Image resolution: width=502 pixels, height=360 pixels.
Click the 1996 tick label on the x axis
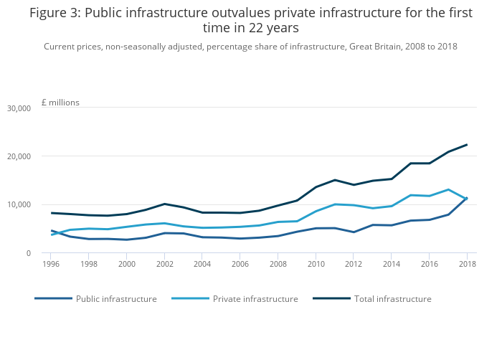pos(51,263)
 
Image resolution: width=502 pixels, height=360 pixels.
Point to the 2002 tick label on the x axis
pos(164,263)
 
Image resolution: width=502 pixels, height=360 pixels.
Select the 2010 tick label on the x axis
pos(316,263)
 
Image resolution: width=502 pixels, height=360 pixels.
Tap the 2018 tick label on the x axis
pos(467,263)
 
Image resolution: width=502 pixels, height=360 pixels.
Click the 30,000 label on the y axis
pos(18,108)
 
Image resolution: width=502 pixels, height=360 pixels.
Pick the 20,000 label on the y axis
pos(18,156)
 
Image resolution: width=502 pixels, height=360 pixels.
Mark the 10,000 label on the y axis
pos(18,204)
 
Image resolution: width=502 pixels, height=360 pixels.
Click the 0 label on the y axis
pos(28,253)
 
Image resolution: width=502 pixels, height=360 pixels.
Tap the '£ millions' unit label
pos(60,103)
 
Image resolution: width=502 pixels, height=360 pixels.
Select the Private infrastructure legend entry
pos(255,298)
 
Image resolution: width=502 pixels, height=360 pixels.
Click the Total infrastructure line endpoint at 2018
pos(467,145)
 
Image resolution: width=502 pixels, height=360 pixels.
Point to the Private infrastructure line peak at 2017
pos(448,189)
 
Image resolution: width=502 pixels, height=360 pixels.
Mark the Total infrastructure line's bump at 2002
pos(164,204)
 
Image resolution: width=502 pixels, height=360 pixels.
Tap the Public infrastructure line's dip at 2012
pos(354,232)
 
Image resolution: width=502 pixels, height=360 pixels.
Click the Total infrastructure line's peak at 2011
pos(334,180)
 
